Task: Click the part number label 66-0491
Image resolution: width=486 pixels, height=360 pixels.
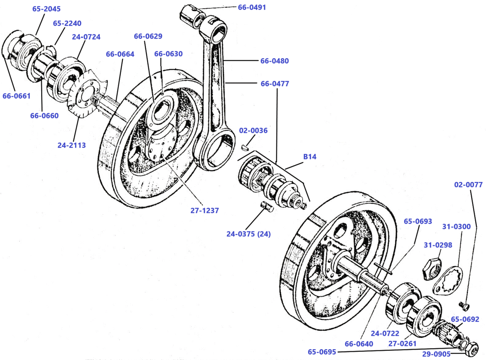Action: point(252,7)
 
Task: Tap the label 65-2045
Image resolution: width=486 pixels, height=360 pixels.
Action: point(46,9)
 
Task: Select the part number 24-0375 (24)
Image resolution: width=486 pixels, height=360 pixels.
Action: point(248,234)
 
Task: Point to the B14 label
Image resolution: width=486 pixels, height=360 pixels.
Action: point(309,157)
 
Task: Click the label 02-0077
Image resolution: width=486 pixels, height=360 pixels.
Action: point(468,185)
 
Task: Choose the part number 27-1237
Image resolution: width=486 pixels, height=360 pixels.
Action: point(204,210)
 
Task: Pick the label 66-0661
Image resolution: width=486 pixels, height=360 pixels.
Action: point(16,96)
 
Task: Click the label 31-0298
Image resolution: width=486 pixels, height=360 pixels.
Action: point(438,245)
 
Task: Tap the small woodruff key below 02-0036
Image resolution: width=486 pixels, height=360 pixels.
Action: point(244,147)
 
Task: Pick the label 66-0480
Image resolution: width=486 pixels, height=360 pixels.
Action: point(274,61)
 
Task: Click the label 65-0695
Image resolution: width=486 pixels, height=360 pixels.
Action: point(322,352)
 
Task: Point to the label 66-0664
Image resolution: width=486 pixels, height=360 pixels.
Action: point(120,54)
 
